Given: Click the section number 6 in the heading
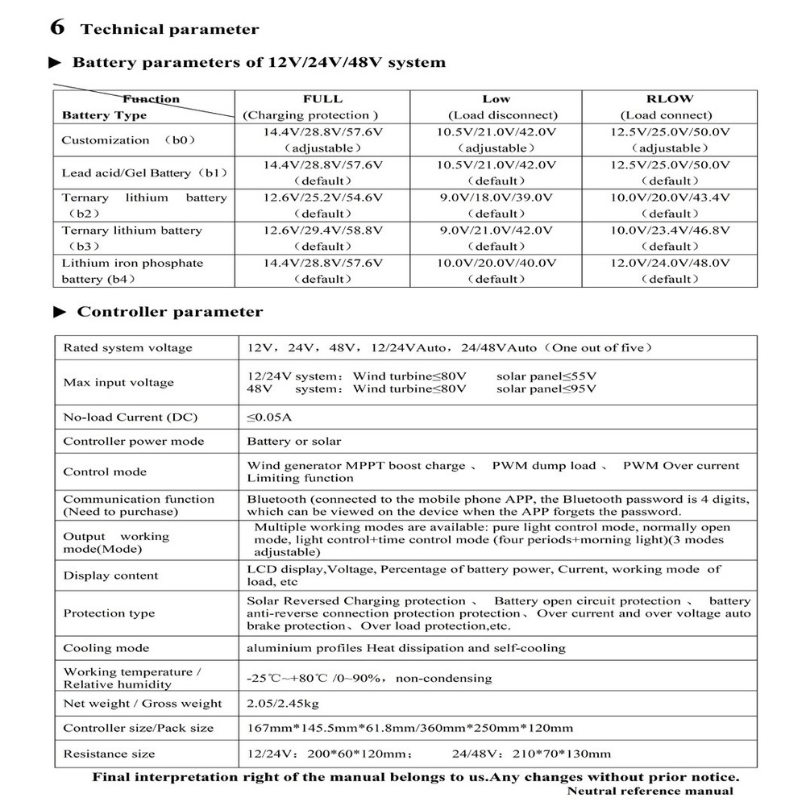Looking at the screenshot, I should (x=57, y=27).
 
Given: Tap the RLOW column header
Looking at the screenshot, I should (x=669, y=98).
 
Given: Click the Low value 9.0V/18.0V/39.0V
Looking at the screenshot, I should (x=496, y=197).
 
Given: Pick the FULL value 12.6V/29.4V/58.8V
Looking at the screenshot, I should (x=323, y=231).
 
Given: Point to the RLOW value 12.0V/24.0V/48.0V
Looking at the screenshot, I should (x=670, y=263).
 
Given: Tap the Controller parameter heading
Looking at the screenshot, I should (x=169, y=312).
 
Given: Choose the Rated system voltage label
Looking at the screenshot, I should (x=128, y=348).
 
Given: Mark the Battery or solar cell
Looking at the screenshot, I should (x=294, y=442).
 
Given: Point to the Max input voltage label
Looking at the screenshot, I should (x=118, y=383).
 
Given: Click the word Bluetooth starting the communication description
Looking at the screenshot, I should (x=276, y=500).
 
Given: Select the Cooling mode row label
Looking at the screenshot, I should (x=106, y=648).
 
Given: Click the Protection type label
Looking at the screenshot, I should (x=110, y=613).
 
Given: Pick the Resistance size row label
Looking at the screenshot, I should (x=110, y=754).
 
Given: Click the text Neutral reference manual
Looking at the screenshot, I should (x=650, y=791).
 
